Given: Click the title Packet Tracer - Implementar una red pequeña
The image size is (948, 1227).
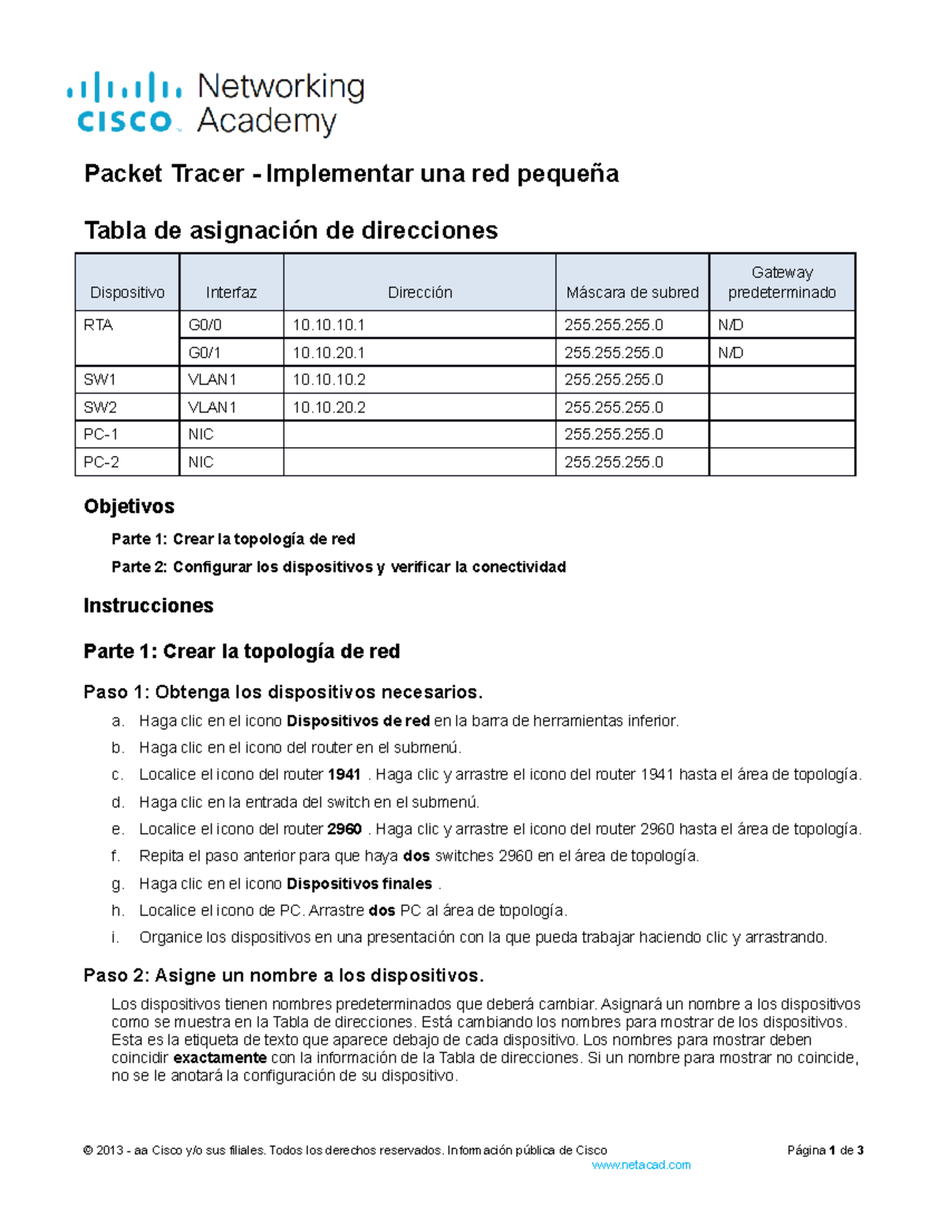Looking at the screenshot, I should click(351, 174).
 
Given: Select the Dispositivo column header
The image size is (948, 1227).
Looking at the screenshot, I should click(127, 292).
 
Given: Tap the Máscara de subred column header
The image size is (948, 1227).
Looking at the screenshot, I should click(632, 292).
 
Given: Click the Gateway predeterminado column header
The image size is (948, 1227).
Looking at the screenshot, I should click(781, 283).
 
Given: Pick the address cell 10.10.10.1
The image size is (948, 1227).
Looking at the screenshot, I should click(329, 326).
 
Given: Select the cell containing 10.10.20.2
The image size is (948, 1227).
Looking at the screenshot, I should click(329, 408).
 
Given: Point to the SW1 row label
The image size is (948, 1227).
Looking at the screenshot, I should click(100, 380).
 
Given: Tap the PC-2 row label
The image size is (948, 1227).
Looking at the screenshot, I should click(101, 462).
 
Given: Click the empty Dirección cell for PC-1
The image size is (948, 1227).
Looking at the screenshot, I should click(419, 435).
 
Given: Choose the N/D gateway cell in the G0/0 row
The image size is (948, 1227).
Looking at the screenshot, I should click(730, 326).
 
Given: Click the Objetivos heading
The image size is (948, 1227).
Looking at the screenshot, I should click(129, 506).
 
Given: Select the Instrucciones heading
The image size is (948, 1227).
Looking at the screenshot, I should click(149, 606).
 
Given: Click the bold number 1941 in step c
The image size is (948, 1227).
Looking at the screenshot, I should click(344, 775).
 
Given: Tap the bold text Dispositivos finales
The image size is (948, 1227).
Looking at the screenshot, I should click(359, 884).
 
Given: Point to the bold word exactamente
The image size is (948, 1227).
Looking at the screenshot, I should click(220, 1058).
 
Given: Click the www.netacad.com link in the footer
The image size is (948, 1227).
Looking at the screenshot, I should click(641, 1165).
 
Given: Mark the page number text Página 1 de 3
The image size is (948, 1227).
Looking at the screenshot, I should click(825, 1151).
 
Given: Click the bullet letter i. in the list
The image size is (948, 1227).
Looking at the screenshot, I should click(115, 938).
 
